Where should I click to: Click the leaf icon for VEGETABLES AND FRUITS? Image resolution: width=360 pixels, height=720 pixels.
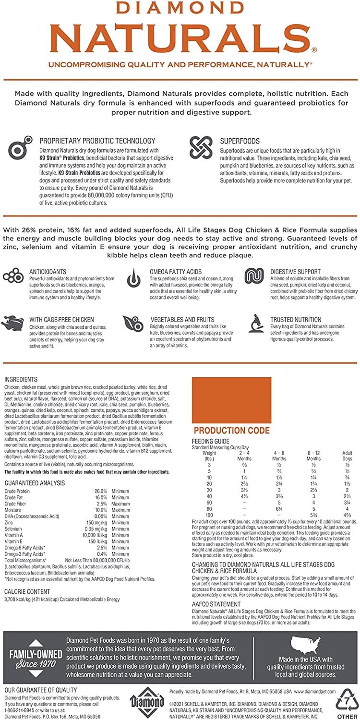coord(132,324)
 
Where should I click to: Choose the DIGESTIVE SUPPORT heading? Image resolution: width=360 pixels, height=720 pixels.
coord(295,272)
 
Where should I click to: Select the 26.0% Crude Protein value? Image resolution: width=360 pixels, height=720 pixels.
coord(100,491)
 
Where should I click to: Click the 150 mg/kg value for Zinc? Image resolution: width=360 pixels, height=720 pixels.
coord(98,522)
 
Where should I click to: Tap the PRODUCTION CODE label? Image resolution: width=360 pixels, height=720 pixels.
coord(232,431)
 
